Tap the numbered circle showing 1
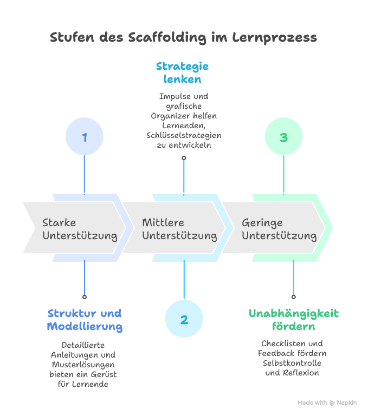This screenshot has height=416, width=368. [x=84, y=137]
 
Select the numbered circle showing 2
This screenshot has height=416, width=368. [x=184, y=319]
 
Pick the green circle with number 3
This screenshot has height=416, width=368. [x=283, y=137]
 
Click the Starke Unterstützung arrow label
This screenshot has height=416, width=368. [x=80, y=229]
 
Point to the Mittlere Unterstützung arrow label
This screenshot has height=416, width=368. [x=179, y=229]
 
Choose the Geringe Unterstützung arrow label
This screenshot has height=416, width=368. [x=279, y=229]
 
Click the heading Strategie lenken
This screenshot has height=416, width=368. [x=182, y=72]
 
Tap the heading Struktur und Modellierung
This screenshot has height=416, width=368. [x=85, y=320]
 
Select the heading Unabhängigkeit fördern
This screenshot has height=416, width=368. [x=293, y=320]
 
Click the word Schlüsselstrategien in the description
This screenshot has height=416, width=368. [x=184, y=135]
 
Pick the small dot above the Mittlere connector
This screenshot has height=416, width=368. [x=184, y=158]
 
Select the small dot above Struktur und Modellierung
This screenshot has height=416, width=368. [x=84, y=296]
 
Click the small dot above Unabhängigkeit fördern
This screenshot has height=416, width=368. [x=293, y=296]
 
